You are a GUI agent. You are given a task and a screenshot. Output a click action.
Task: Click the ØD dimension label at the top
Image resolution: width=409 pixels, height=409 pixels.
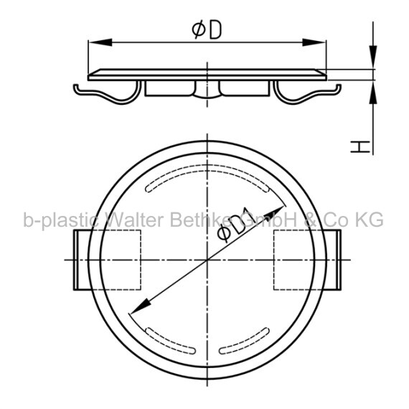207,30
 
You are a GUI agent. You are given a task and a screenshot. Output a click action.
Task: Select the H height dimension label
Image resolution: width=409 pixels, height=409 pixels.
360,147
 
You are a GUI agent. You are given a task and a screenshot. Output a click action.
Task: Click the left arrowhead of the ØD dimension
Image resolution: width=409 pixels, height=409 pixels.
100,42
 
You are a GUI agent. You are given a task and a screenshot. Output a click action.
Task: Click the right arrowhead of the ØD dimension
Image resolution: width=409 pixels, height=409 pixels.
314,42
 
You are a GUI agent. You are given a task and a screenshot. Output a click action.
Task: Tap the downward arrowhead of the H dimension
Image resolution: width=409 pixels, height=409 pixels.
373,57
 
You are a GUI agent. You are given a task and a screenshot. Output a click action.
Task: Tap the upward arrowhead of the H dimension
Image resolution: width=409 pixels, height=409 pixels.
373,93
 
